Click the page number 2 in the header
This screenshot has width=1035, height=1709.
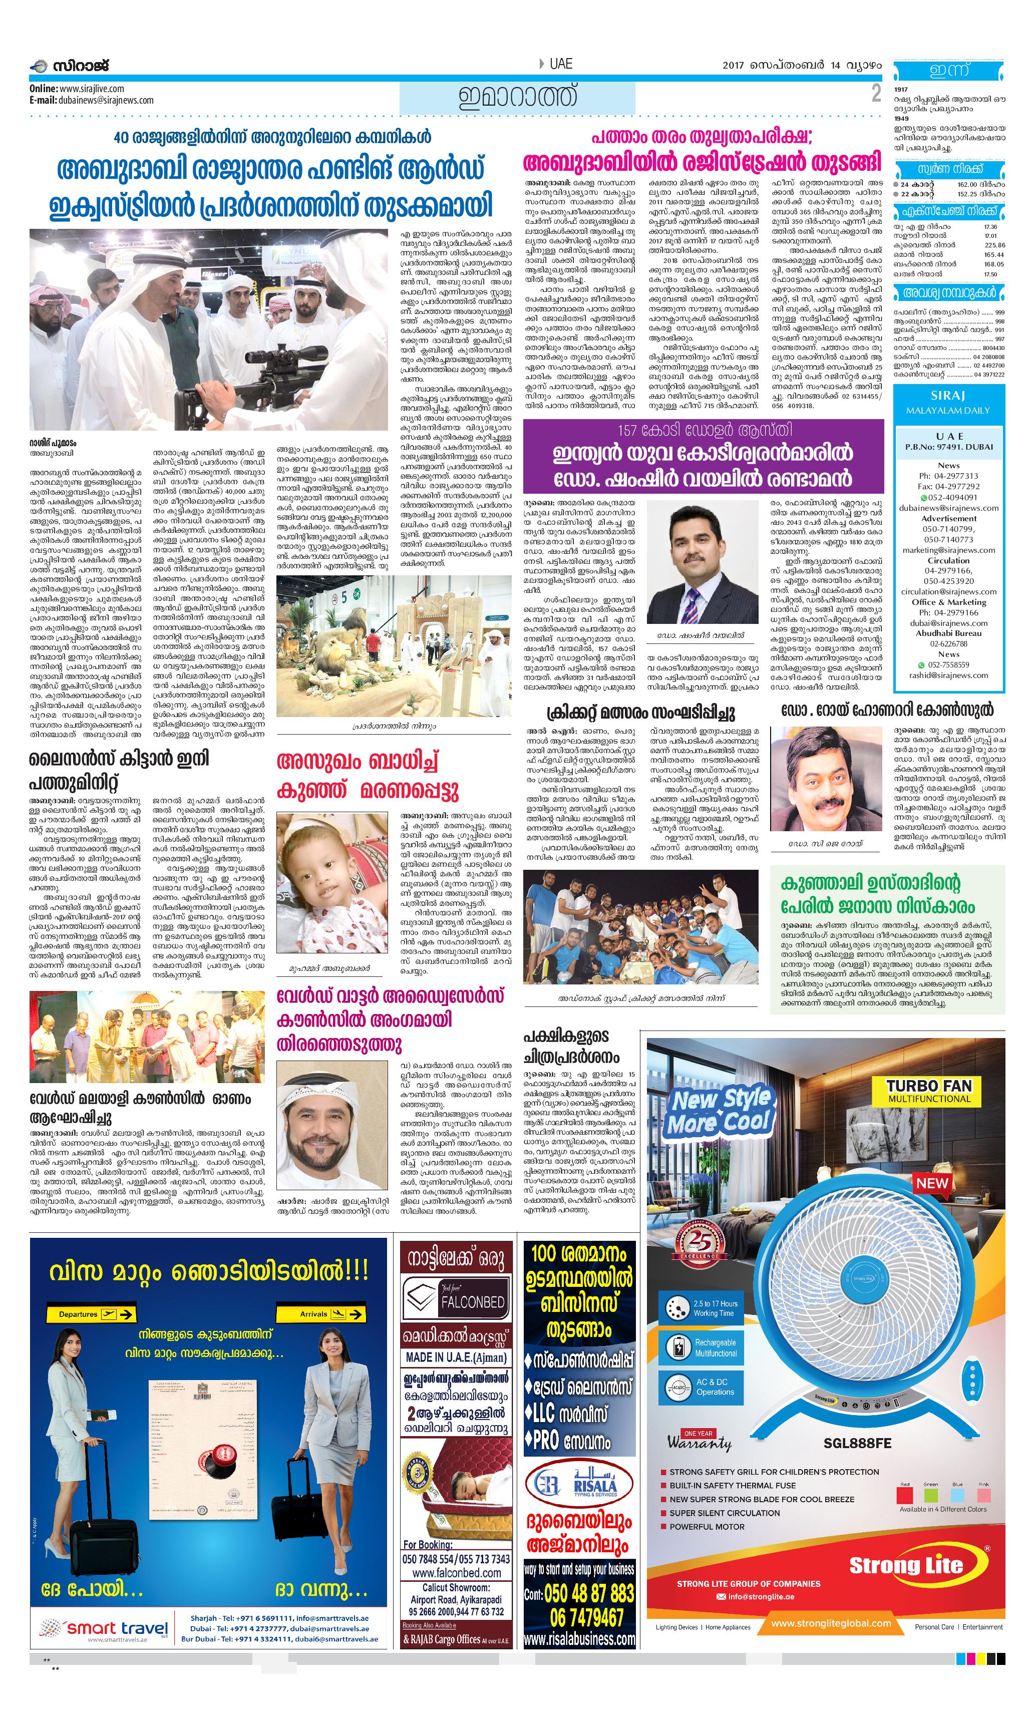[876, 94]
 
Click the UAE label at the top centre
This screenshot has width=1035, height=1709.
[560, 64]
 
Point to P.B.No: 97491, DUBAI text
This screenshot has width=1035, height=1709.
[948, 447]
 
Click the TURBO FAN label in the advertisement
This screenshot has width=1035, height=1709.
[929, 1086]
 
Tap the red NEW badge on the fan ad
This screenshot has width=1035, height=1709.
[932, 1183]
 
